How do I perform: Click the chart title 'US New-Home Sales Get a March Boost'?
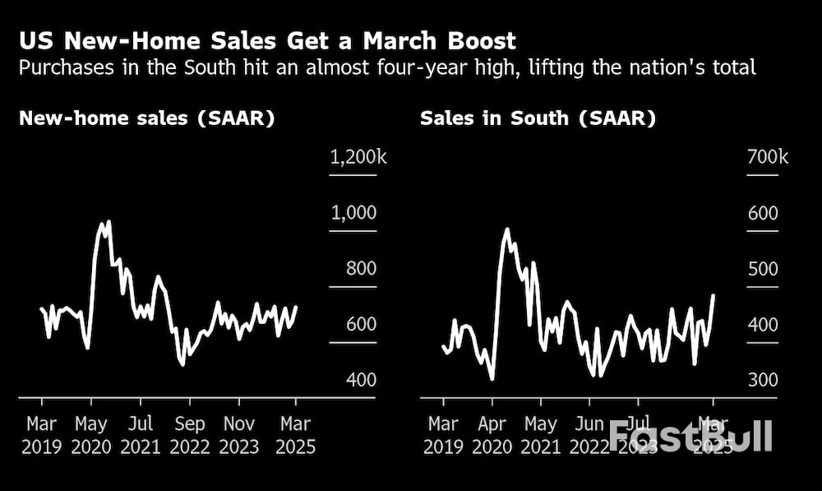click(267, 41)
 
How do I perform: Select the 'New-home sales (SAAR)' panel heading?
click(146, 118)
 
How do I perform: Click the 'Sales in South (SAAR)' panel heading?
click(538, 118)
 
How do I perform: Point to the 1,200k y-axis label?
click(358, 157)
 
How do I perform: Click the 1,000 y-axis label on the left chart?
click(353, 213)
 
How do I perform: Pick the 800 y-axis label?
click(353, 268)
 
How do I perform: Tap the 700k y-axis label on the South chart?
click(767, 157)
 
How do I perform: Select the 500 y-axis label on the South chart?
click(762, 269)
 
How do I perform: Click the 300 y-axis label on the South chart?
click(762, 380)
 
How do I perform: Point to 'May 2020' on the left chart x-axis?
click(91, 436)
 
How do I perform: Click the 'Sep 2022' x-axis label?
click(190, 436)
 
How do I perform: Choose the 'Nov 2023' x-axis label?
click(239, 436)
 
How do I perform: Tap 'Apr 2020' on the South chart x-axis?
click(492, 436)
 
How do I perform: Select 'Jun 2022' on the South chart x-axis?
click(590, 436)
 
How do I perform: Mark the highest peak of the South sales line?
click(506, 229)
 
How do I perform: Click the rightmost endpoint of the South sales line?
click(713, 294)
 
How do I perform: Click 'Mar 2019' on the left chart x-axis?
click(42, 436)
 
